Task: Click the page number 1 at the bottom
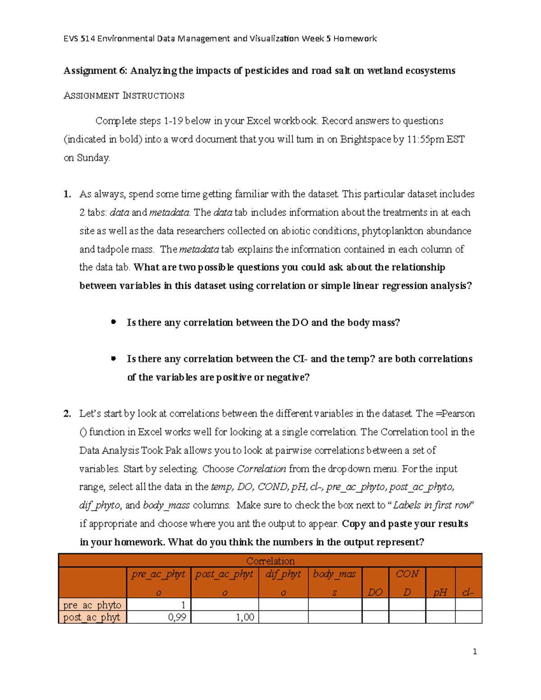click(x=475, y=651)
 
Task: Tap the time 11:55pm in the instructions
click(x=425, y=139)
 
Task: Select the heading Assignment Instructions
click(x=124, y=96)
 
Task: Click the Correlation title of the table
click(x=270, y=561)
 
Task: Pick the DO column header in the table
click(x=375, y=592)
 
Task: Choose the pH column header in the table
click(x=440, y=592)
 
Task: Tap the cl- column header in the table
click(x=468, y=592)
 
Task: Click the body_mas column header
click(x=335, y=574)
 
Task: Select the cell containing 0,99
click(x=177, y=617)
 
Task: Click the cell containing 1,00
click(x=245, y=617)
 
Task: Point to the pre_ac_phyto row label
click(x=92, y=605)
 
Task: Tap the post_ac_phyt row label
click(x=92, y=617)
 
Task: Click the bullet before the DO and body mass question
click(x=114, y=322)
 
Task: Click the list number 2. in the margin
click(x=67, y=414)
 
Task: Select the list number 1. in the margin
click(x=67, y=194)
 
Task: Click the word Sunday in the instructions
click(x=93, y=158)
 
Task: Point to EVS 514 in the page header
click(x=79, y=39)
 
